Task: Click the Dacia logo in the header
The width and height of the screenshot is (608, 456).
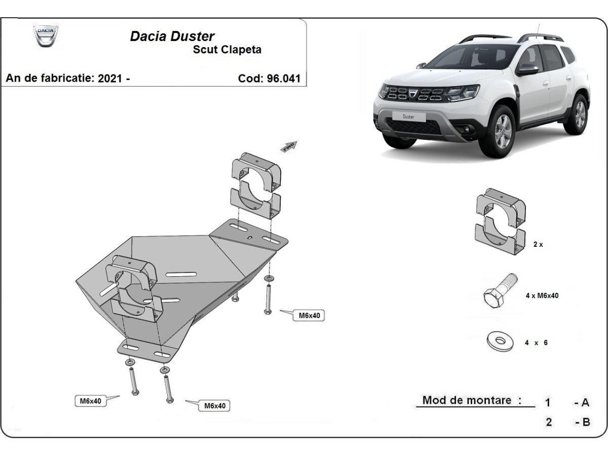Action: coord(46,36)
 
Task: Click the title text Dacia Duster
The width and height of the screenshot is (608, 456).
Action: coord(172,36)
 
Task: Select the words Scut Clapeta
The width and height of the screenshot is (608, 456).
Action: coord(227,50)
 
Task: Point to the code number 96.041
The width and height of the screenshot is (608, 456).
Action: coord(283,79)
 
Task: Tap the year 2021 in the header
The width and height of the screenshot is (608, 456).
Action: coord(110,79)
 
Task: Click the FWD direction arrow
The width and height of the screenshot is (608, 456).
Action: coord(289,146)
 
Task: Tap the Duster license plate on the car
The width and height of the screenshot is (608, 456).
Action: coord(408,117)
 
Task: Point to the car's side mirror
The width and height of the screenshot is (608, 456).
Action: coord(526,69)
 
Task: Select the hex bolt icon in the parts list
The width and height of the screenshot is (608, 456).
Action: coord(500,291)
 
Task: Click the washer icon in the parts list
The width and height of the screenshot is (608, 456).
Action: coord(500,341)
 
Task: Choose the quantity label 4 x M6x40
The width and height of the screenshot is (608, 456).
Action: coord(542,296)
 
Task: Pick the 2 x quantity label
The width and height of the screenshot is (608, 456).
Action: coord(538,245)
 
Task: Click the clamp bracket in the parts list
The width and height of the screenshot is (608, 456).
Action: coord(501,221)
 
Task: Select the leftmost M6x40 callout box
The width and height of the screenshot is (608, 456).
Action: coord(91,401)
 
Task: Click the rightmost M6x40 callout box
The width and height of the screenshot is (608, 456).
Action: coord(309,315)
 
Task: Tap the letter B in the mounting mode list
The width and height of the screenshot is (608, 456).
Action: coord(586,422)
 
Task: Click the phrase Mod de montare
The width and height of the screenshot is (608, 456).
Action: coord(467,400)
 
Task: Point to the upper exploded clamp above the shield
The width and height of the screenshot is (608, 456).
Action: coord(256,185)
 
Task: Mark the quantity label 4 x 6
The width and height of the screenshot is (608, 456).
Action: coord(536,343)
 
